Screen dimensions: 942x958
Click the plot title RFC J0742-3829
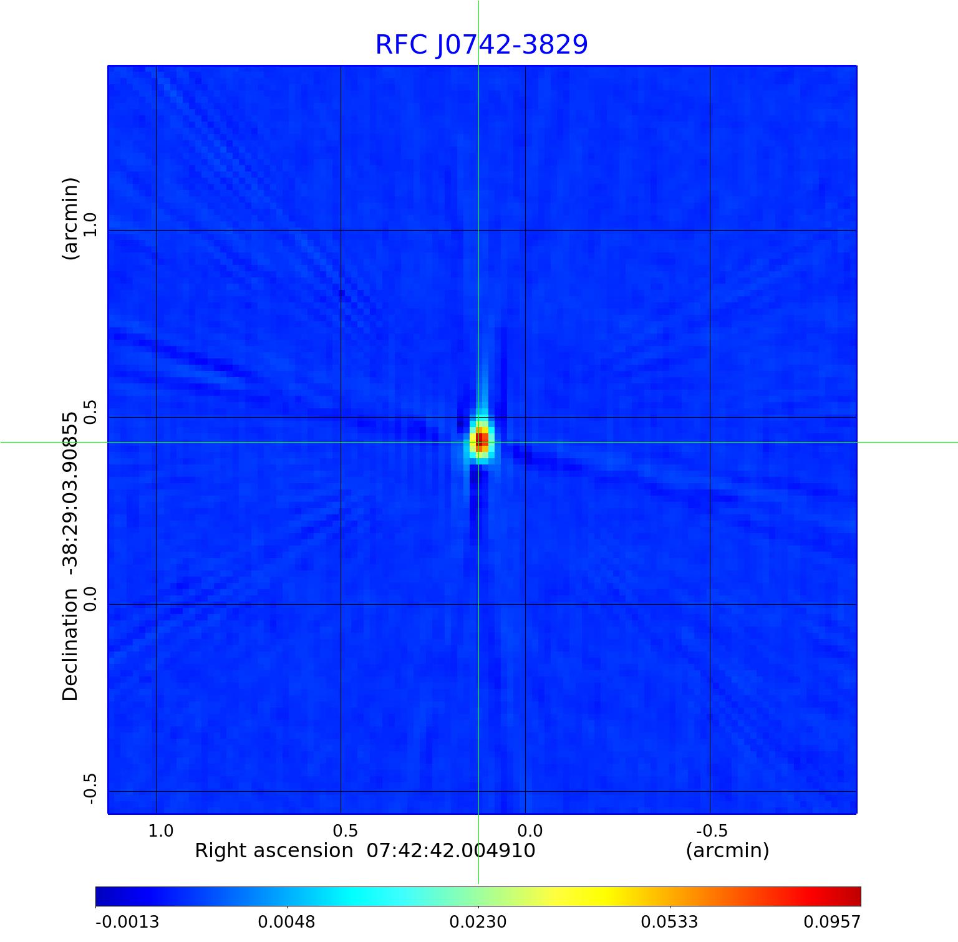tap(481, 44)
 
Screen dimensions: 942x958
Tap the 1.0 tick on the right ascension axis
tap(160, 831)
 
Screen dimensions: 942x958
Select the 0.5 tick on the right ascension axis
tap(346, 831)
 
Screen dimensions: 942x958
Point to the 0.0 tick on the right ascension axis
tap(530, 831)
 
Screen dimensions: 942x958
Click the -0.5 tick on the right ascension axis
tap(712, 831)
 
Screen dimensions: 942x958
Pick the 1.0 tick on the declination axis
tap(90, 224)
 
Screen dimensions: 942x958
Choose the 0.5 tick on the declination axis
tap(90, 412)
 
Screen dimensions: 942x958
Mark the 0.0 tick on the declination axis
tap(90, 599)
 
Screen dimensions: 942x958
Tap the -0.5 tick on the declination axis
tap(90, 789)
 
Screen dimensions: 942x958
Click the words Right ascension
tap(274, 851)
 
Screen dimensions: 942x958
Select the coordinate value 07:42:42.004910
tap(451, 851)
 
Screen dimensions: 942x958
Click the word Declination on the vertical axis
tap(70, 645)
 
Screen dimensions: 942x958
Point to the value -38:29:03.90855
tap(70, 493)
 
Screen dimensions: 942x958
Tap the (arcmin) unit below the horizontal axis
tap(727, 851)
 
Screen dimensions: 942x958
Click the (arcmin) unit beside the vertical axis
tap(70, 218)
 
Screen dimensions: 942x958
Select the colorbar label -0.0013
tap(127, 922)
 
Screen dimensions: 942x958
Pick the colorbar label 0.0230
tap(478, 922)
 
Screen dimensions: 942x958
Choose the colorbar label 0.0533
tap(670, 922)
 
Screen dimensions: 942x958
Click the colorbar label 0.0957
tap(832, 922)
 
